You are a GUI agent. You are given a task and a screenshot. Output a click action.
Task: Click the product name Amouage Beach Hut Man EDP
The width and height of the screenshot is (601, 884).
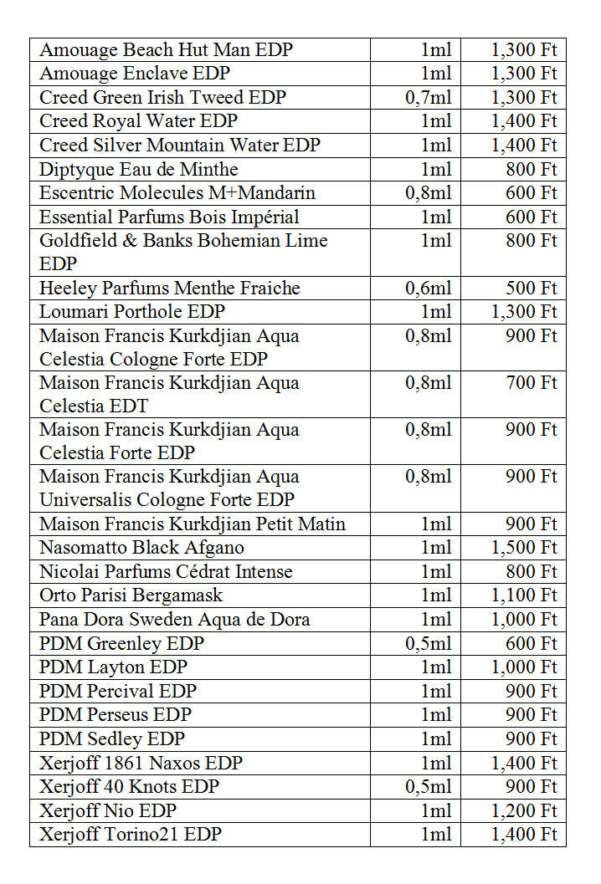[x=166, y=50]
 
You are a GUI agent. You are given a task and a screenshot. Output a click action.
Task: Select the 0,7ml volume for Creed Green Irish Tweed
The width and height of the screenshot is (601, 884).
[x=428, y=98]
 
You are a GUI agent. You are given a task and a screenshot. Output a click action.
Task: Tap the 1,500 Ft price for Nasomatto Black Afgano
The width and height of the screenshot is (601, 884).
[x=524, y=548]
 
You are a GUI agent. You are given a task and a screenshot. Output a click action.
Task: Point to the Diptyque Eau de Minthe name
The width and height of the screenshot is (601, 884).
[x=139, y=170]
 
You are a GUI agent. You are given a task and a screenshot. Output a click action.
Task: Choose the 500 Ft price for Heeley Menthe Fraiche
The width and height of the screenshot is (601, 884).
[x=532, y=289]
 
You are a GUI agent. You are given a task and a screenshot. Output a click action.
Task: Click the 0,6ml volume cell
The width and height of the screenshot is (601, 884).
[x=428, y=289]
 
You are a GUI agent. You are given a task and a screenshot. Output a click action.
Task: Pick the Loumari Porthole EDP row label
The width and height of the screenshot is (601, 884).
[x=132, y=312]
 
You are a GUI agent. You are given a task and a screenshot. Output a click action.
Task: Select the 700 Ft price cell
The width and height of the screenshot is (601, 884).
[x=532, y=383]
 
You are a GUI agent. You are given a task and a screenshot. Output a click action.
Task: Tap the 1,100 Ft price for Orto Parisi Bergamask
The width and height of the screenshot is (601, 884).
[x=524, y=595]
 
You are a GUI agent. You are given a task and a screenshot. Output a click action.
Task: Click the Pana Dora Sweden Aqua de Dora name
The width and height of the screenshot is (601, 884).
[x=175, y=620]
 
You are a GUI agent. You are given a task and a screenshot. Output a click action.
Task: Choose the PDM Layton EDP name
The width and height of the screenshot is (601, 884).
[x=114, y=667]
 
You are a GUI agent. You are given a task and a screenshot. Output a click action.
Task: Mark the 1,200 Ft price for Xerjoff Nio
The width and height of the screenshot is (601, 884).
[x=524, y=810]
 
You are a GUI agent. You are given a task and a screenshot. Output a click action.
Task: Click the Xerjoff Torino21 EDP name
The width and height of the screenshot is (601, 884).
[x=131, y=835]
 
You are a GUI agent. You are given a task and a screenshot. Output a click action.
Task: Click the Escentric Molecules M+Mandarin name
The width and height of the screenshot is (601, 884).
[x=177, y=193]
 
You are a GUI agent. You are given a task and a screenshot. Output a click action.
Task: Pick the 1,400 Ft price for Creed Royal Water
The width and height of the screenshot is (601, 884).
[x=524, y=121]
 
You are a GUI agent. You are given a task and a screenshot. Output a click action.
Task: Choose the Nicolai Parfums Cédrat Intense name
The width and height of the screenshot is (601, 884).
[x=166, y=572]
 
